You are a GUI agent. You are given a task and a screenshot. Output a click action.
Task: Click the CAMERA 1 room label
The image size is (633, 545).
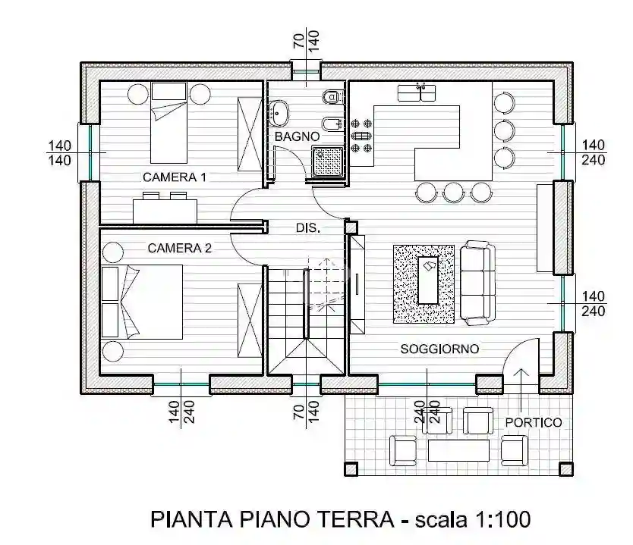pos(175,177)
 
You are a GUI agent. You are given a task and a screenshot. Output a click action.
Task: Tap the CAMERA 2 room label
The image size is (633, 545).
pos(179,248)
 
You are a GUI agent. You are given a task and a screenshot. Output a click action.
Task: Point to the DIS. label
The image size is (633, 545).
pos(307,227)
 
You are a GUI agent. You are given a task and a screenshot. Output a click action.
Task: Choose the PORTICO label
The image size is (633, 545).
pos(534,422)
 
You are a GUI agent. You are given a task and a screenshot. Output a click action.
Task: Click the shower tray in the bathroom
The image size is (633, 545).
pos(328,161)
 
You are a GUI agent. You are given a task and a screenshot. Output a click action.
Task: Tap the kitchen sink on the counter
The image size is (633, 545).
pos(416,92)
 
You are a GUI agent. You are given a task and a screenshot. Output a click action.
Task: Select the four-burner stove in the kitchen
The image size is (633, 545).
pos(362,135)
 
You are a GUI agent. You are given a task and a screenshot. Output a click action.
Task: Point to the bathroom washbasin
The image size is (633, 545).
pos(278,113)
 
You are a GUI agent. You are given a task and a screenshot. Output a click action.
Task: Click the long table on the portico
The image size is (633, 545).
pos(458,451)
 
